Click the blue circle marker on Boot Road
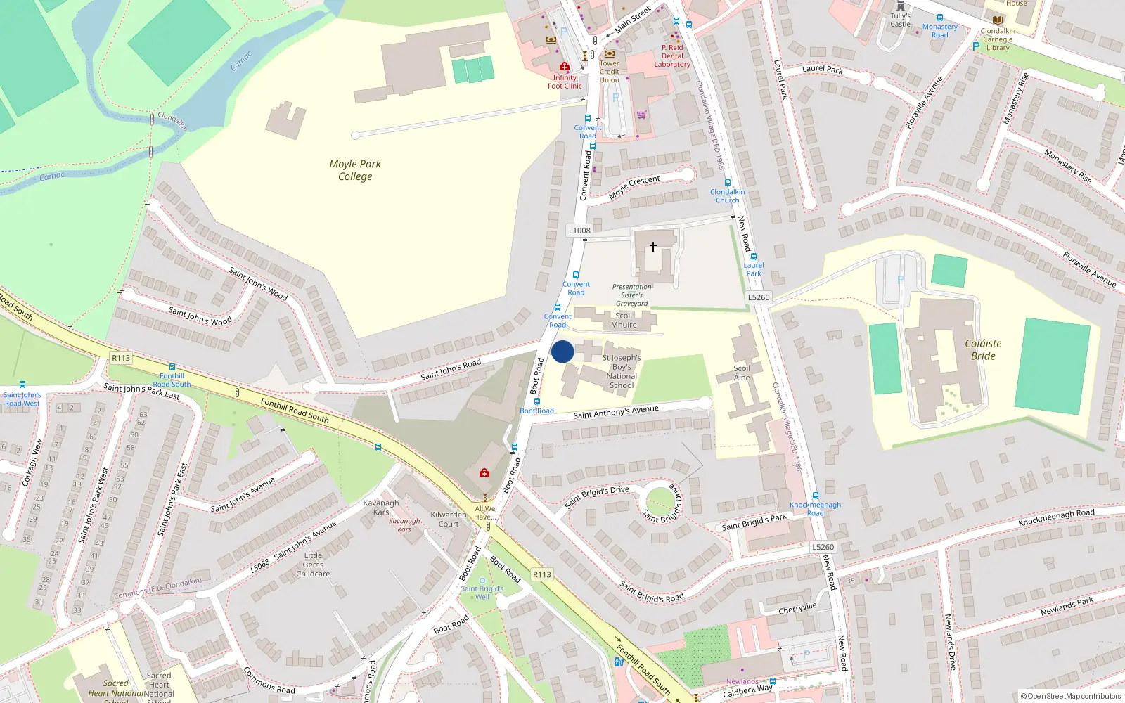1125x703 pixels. pyautogui.click(x=562, y=351)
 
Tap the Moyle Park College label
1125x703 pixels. pyautogui.click(x=355, y=170)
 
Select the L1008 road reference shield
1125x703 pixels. pyautogui.click(x=579, y=231)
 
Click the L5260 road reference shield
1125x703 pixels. pyautogui.click(x=759, y=297)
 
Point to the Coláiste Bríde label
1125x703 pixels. pyautogui.click(x=983, y=349)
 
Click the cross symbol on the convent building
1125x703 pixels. pyautogui.click(x=653, y=247)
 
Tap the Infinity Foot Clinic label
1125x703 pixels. pyautogui.click(x=565, y=82)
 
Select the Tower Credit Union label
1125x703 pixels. pyautogui.click(x=610, y=72)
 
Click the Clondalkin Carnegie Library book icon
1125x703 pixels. pyautogui.click(x=997, y=20)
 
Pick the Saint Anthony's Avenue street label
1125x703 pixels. pyautogui.click(x=616, y=413)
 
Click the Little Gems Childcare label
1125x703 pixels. pyautogui.click(x=313, y=565)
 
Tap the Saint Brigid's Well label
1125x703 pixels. pyautogui.click(x=482, y=593)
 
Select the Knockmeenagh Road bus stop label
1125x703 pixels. pyautogui.click(x=815, y=508)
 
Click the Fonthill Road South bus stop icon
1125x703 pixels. pyautogui.click(x=172, y=367)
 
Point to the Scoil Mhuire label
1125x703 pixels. pyautogui.click(x=624, y=320)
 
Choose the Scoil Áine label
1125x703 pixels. pyautogui.click(x=742, y=373)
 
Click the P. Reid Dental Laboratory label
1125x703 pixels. pyautogui.click(x=672, y=56)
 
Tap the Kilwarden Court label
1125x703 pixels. pyautogui.click(x=449, y=519)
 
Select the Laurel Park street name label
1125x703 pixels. pyautogui.click(x=823, y=70)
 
